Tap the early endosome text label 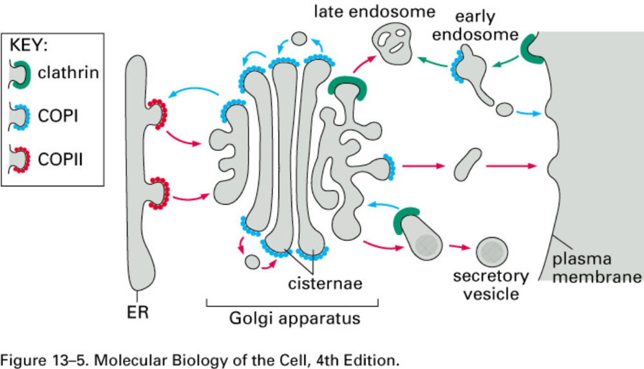[x=475, y=25]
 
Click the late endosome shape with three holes [x=394, y=46]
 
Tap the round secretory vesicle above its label [x=493, y=251]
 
